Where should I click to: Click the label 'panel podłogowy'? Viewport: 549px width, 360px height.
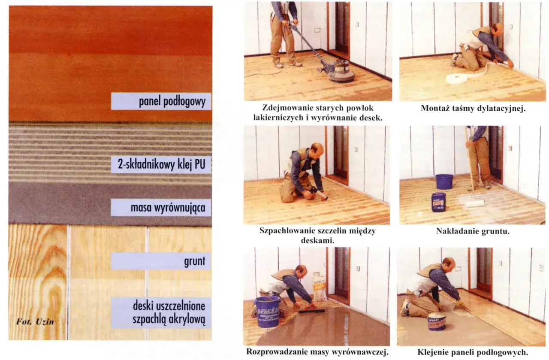point(172,101)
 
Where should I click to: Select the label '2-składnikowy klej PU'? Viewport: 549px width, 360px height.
point(162,164)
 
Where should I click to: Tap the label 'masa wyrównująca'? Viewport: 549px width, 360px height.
point(168,208)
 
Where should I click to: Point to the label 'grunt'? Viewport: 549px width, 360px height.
point(195,261)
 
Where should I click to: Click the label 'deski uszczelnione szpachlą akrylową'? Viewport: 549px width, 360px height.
point(169,313)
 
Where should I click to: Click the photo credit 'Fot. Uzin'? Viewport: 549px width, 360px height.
point(35,322)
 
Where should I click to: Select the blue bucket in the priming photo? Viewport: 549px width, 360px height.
point(444,182)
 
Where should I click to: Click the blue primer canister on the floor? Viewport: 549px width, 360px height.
point(438,202)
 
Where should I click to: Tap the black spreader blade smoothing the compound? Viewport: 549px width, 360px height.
point(312,311)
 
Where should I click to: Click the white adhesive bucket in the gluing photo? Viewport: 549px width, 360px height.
point(437,322)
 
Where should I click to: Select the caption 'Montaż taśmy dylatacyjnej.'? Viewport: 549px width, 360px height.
point(473,108)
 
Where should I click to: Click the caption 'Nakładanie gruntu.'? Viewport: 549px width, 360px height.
point(473,231)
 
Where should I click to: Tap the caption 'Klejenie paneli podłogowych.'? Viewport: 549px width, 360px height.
point(473,352)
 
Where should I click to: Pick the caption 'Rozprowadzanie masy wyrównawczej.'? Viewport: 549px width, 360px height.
point(317,352)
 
